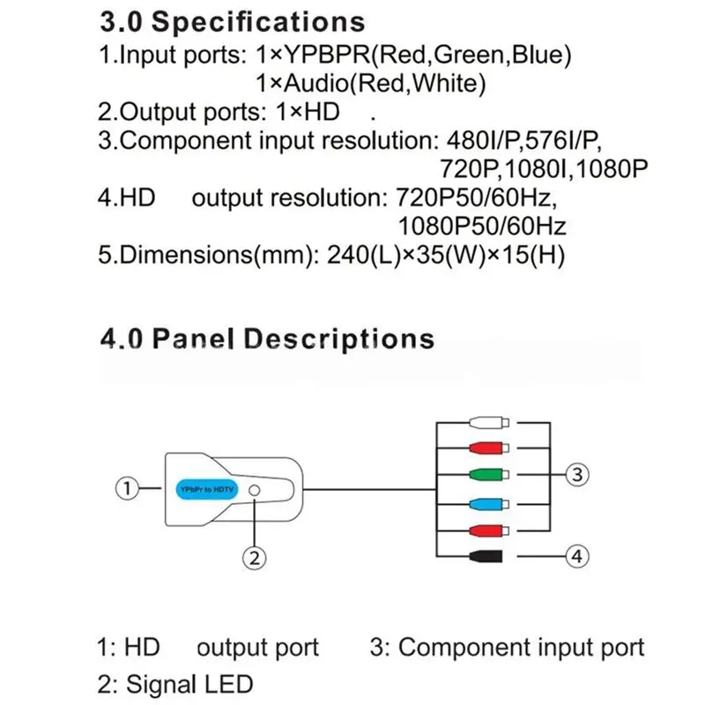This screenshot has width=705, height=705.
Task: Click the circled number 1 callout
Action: [127, 488]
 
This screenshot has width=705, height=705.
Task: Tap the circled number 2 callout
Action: [255, 558]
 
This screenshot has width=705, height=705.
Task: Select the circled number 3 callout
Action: [577, 474]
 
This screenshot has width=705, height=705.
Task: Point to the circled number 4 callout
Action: [577, 556]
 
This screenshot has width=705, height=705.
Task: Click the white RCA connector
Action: [489, 423]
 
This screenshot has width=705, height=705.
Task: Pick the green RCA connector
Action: [489, 474]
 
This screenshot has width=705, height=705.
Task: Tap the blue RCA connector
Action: [489, 504]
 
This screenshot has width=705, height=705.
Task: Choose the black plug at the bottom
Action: [486, 556]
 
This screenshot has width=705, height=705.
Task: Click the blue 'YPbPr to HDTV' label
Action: [207, 489]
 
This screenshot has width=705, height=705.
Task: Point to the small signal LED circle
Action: [255, 490]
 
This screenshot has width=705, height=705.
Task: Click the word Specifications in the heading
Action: [258, 23]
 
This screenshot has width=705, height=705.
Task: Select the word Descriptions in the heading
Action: [339, 339]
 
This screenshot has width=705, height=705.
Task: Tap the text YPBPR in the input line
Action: [327, 55]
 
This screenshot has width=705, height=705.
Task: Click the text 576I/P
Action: [563, 141]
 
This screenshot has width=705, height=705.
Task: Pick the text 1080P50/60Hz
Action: [482, 226]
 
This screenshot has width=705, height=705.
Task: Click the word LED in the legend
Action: [228, 684]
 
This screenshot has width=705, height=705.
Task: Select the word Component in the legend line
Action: [464, 648]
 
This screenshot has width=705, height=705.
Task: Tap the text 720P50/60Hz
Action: [476, 197]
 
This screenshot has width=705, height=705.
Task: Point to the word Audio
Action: [316, 84]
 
